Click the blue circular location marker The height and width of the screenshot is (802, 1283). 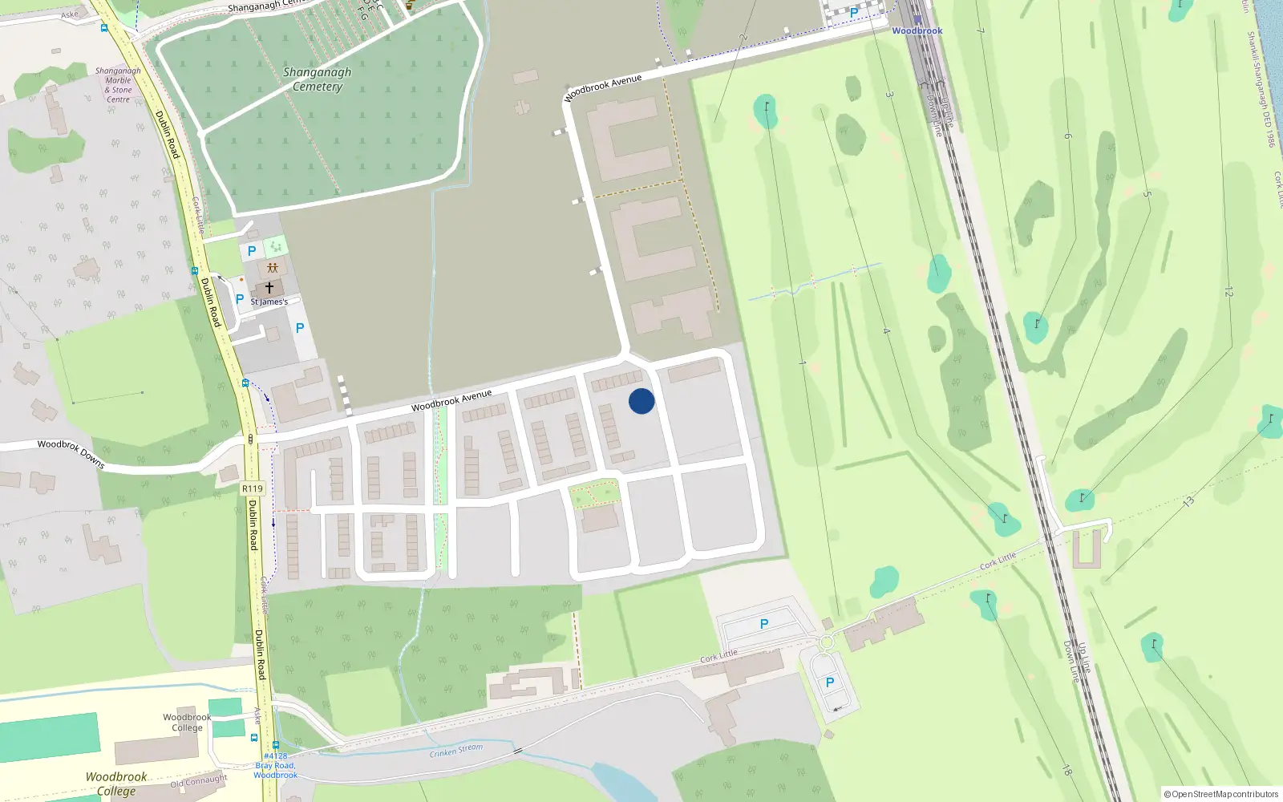coord(641,401)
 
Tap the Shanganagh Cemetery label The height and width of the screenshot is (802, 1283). coord(317,79)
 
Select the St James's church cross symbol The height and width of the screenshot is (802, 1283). coord(269,287)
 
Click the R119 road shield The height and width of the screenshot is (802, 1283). coord(252,488)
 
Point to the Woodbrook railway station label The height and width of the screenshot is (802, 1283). coord(917,30)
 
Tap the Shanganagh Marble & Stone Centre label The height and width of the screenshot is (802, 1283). coord(118,85)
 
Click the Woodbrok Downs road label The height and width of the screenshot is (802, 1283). coord(71,453)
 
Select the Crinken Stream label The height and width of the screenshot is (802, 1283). coord(456,751)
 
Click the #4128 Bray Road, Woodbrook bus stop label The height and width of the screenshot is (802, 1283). coord(276,765)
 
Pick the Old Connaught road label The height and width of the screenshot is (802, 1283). coord(199,780)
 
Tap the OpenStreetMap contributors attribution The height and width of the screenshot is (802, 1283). coord(1221,794)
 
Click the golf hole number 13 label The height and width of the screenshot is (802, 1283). coord(1188,501)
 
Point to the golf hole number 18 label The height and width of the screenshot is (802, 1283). coord(1066,771)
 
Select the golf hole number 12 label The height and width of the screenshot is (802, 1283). coord(1228,292)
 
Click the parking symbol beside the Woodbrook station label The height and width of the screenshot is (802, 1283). coord(854,13)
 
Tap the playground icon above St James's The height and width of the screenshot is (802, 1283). coord(273,268)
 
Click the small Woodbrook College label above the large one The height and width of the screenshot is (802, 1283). coord(187,723)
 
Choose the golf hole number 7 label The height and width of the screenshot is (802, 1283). coord(980,30)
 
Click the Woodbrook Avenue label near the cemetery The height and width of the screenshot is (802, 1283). coord(603,88)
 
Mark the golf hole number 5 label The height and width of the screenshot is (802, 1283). coord(1147,194)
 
